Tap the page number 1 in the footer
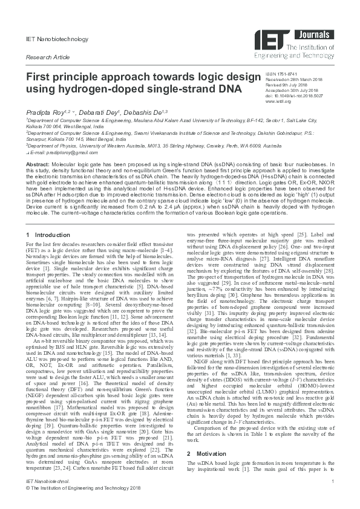tap(333, 497)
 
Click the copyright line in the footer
tap(83, 504)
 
